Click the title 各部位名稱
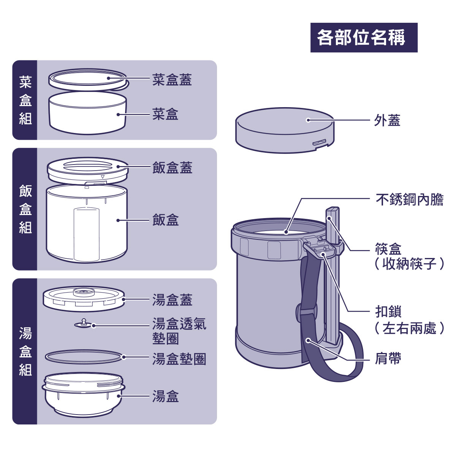[x=364, y=38]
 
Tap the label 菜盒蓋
[x=172, y=80]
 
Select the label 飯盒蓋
[x=172, y=168]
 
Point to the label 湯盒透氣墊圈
[x=179, y=331]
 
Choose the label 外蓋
[x=387, y=121]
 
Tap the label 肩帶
[x=388, y=358]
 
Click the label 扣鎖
[x=388, y=312]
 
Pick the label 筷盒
[x=388, y=250]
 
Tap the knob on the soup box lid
[x=84, y=292]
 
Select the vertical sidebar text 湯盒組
[x=25, y=351]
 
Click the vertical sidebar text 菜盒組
[x=25, y=100]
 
